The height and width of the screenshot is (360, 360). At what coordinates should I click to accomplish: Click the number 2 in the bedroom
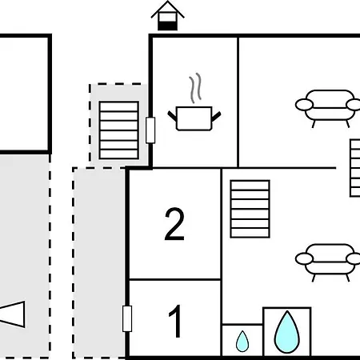click(x=174, y=224)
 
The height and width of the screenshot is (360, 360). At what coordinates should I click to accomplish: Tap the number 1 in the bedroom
click(x=176, y=321)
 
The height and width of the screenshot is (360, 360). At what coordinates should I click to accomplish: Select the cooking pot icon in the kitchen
click(x=194, y=118)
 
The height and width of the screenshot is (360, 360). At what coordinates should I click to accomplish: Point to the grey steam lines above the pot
click(x=195, y=88)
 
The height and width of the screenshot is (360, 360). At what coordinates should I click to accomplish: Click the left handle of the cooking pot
click(x=172, y=116)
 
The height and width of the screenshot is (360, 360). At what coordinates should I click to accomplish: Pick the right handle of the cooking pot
click(x=216, y=116)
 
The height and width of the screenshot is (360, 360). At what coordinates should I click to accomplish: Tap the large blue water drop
click(x=287, y=332)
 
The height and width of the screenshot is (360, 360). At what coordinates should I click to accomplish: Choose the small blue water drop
click(x=242, y=341)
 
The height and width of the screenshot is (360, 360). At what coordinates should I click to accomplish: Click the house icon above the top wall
click(x=167, y=15)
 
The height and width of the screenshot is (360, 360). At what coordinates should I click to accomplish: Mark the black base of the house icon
click(x=167, y=26)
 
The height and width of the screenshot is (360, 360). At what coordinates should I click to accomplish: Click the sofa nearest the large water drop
click(x=328, y=262)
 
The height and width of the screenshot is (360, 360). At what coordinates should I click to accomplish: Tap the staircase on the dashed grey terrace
click(x=119, y=130)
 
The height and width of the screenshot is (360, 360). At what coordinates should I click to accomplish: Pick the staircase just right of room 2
click(x=250, y=209)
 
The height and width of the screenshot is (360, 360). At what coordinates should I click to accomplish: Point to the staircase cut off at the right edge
click(x=355, y=168)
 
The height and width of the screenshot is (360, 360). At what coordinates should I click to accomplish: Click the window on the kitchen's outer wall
click(x=150, y=130)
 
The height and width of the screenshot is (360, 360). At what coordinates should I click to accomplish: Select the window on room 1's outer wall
click(x=127, y=318)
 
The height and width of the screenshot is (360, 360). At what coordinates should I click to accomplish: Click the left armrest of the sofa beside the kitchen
click(x=304, y=105)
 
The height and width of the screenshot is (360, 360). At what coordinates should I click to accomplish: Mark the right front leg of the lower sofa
click(x=347, y=278)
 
